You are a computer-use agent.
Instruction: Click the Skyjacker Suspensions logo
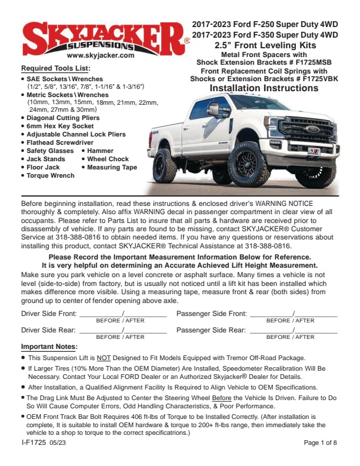tap(104, 36)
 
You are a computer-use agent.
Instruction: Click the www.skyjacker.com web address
tap(96, 56)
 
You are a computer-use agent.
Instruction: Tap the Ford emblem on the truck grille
tap(311, 128)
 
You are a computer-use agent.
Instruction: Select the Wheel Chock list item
tap(107, 159)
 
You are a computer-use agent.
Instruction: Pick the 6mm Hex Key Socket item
tap(59, 126)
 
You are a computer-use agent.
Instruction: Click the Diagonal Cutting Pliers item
tap(63, 118)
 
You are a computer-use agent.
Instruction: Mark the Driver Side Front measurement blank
tap(122, 314)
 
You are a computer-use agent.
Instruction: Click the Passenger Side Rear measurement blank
tap(293, 331)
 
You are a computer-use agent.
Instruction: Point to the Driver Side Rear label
tap(48, 331)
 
